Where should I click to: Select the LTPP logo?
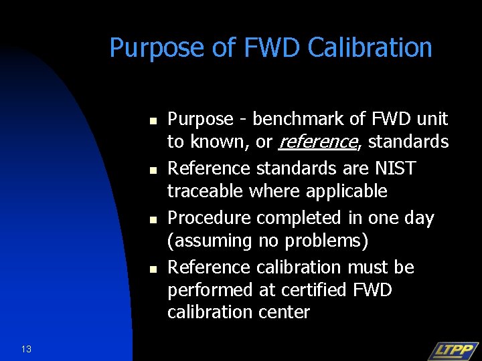[x=453, y=350]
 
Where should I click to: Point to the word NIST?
[x=395, y=168]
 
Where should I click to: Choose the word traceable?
[x=206, y=191]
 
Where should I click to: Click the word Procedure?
[x=209, y=218]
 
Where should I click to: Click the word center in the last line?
[x=283, y=312]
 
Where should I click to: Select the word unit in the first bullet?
[x=432, y=119]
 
